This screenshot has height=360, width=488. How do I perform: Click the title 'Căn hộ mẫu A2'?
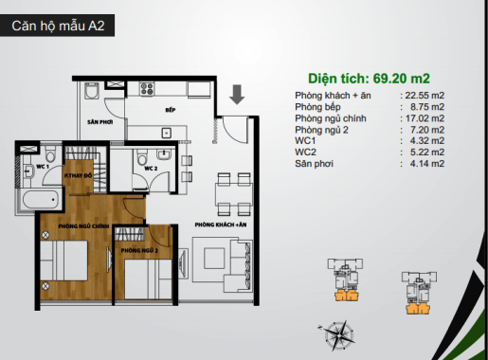point(58,26)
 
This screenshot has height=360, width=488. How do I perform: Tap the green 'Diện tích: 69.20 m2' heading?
point(369,79)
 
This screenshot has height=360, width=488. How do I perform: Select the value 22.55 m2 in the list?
point(425,96)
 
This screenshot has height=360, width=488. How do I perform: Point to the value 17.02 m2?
point(425,118)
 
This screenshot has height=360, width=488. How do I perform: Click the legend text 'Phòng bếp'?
point(317,107)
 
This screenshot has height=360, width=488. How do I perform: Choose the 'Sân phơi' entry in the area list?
point(314,164)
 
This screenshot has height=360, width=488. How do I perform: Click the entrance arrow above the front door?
point(237,95)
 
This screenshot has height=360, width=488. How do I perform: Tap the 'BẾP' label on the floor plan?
point(171,110)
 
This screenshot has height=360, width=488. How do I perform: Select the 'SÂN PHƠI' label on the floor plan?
point(100,122)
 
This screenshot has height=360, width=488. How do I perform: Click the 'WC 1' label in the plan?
point(43,166)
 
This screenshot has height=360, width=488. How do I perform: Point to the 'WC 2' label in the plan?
point(151,169)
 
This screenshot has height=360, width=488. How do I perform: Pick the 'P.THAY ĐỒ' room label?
point(78,175)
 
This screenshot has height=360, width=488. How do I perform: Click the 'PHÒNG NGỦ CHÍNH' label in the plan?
point(83,226)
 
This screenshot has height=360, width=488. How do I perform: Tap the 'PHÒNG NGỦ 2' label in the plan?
point(139,251)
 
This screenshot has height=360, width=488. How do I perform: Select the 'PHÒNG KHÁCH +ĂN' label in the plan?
point(221,225)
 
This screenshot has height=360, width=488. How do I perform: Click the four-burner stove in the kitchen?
point(147,89)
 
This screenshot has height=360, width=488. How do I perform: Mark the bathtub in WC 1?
point(41,200)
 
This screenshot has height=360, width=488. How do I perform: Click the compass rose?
point(337,334)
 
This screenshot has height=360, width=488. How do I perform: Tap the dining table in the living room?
point(234,194)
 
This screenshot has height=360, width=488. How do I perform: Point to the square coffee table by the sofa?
point(214,259)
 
